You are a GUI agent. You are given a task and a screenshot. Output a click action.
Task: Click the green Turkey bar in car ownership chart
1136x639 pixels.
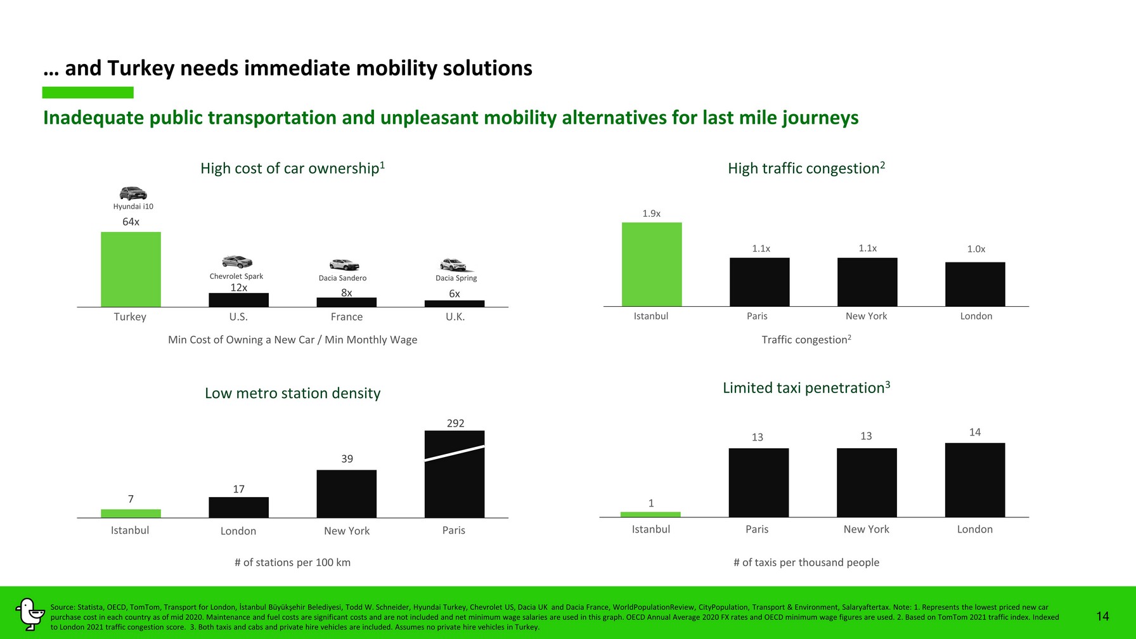(131, 269)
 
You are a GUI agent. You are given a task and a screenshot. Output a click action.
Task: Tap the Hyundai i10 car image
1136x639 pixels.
(133, 193)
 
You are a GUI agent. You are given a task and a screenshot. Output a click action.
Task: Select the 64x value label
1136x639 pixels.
(131, 222)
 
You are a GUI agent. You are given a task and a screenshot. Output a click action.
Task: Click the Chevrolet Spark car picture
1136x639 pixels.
(237, 262)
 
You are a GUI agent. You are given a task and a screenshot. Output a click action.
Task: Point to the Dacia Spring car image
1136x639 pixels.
(454, 265)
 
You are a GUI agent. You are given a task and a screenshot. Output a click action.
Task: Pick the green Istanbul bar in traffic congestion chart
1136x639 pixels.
(652, 264)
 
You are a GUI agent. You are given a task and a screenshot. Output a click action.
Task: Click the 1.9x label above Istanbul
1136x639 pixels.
(652, 214)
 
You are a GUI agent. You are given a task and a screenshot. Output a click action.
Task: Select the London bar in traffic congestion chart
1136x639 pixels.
(975, 284)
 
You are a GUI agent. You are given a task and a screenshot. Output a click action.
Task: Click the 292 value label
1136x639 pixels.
(455, 423)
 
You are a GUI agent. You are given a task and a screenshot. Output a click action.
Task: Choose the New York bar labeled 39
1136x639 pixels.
(347, 494)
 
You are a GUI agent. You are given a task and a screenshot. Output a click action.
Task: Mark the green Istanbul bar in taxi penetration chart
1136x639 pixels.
(650, 514)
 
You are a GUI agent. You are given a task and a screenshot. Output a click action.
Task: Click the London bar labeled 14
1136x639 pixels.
(975, 480)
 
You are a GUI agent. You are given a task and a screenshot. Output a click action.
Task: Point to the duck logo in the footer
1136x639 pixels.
(29, 614)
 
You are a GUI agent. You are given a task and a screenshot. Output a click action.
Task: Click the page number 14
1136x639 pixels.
(1102, 616)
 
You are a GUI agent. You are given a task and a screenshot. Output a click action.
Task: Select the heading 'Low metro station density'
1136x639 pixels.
(293, 393)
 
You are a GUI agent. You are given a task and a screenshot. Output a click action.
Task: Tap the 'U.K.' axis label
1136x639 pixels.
(455, 317)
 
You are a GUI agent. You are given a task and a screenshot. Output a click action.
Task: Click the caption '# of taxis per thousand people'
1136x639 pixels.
(806, 562)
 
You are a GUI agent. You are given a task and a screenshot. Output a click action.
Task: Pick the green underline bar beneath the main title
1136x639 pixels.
(88, 93)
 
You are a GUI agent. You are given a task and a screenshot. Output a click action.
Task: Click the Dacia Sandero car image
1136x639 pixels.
(344, 264)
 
